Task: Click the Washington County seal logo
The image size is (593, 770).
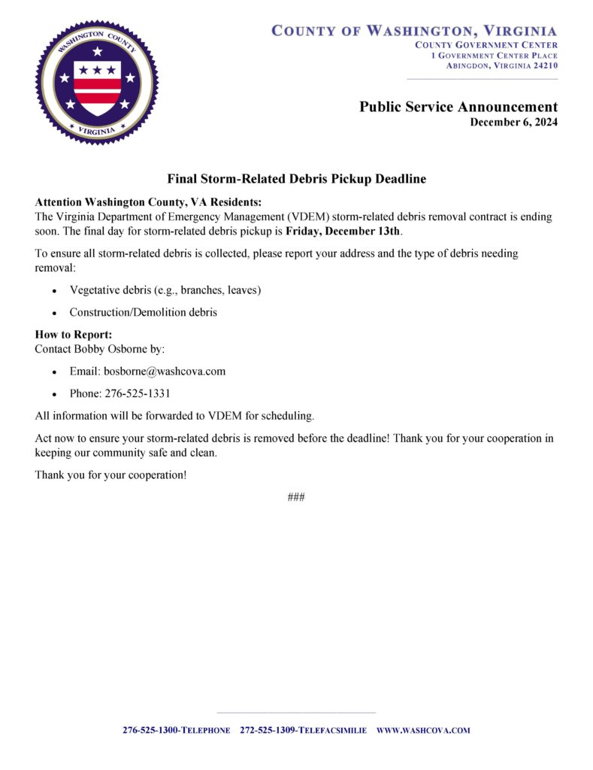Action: pyautogui.click(x=97, y=83)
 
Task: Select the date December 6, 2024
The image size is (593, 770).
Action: pyautogui.click(x=513, y=123)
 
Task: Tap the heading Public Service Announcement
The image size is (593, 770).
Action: pyautogui.click(x=458, y=107)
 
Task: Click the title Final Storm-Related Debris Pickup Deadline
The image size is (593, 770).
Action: pyautogui.click(x=296, y=179)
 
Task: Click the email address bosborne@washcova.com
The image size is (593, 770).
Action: pyautogui.click(x=164, y=371)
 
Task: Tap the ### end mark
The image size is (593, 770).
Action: pyautogui.click(x=295, y=497)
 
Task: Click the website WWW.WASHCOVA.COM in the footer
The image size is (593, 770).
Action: pyautogui.click(x=422, y=730)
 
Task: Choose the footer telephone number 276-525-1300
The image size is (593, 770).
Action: pyautogui.click(x=150, y=730)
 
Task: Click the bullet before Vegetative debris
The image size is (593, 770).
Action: pyautogui.click(x=54, y=290)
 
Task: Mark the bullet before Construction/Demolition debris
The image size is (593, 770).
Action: pyautogui.click(x=54, y=313)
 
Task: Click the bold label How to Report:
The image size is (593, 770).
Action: pyautogui.click(x=73, y=334)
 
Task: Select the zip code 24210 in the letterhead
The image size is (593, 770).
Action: pyautogui.click(x=543, y=65)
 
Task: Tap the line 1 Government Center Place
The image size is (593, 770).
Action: pyautogui.click(x=494, y=56)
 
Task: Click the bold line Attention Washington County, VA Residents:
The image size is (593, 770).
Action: pyautogui.click(x=148, y=202)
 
